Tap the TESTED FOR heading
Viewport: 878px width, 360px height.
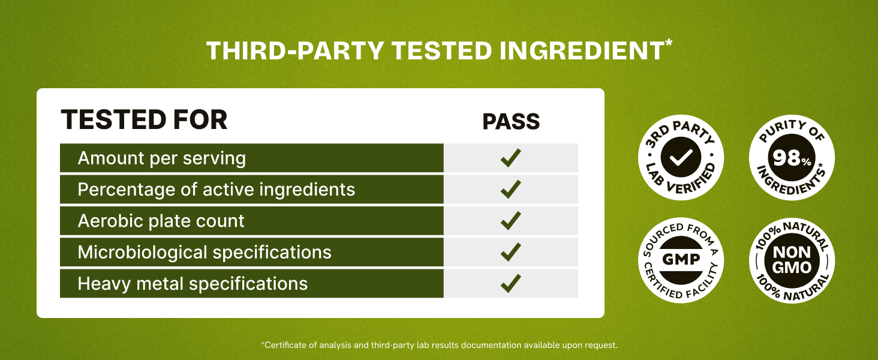pos(144,120)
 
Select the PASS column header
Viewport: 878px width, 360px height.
pos(511,122)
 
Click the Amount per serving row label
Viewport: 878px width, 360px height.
pos(162,158)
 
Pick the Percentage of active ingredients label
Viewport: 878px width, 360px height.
pos(217,190)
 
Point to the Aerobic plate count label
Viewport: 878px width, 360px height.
pos(161,221)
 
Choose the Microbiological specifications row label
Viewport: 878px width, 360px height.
pos(205,252)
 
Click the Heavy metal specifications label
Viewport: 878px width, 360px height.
pos(193,283)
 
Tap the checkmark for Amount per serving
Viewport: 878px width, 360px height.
pos(510,158)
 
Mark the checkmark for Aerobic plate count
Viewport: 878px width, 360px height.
pos(510,221)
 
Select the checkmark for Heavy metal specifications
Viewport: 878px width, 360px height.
pos(510,283)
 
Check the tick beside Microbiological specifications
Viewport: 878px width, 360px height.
pos(510,252)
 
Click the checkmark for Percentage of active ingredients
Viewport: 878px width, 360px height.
pos(510,190)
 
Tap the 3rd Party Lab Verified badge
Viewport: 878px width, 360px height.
pos(681,158)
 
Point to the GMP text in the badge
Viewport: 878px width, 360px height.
pos(681,260)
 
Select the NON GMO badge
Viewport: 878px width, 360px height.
pos(792,260)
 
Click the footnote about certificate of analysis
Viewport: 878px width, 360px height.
pos(439,345)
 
